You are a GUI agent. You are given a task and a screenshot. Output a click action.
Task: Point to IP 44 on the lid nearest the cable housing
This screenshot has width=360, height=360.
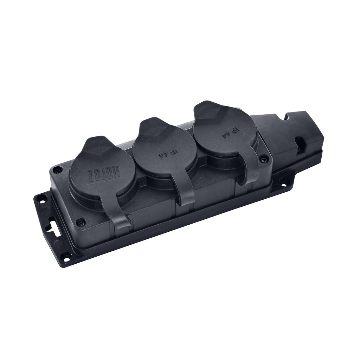coord(230,133)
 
